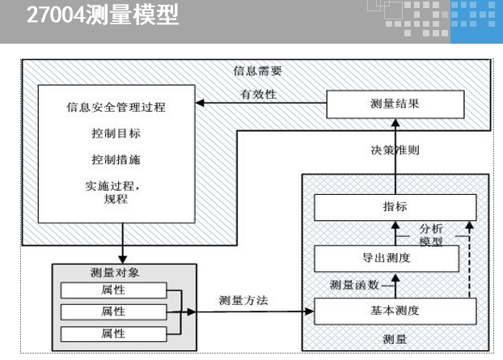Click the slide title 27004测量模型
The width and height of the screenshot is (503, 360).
click(103, 15)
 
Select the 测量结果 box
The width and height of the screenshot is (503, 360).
click(395, 104)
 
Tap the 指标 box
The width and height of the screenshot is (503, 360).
click(395, 208)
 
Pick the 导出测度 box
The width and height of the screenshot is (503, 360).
click(387, 259)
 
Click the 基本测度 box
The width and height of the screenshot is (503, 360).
click(395, 311)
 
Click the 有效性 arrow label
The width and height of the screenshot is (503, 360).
click(258, 94)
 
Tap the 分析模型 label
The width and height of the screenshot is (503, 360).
click(432, 235)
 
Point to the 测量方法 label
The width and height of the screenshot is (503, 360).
click(243, 300)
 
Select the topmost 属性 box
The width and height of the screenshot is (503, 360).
click(112, 290)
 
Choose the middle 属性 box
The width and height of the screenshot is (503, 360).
click(112, 311)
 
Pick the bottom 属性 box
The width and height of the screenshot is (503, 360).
click(112, 332)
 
